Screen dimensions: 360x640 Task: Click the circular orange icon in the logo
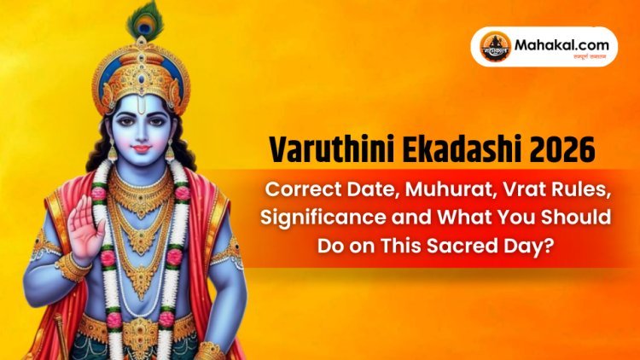492,45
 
